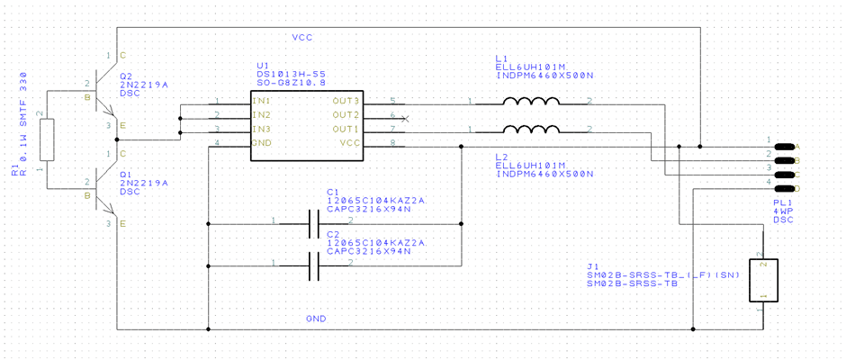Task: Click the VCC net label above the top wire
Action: [x=301, y=38]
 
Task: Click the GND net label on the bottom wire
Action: [x=316, y=319]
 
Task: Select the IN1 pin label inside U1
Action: [x=261, y=101]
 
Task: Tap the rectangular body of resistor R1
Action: [x=49, y=139]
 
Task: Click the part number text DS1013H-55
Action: [x=288, y=75]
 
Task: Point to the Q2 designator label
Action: [x=125, y=76]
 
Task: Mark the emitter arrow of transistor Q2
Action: [x=108, y=112]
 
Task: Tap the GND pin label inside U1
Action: [x=262, y=144]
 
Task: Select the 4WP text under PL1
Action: [x=783, y=210]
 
